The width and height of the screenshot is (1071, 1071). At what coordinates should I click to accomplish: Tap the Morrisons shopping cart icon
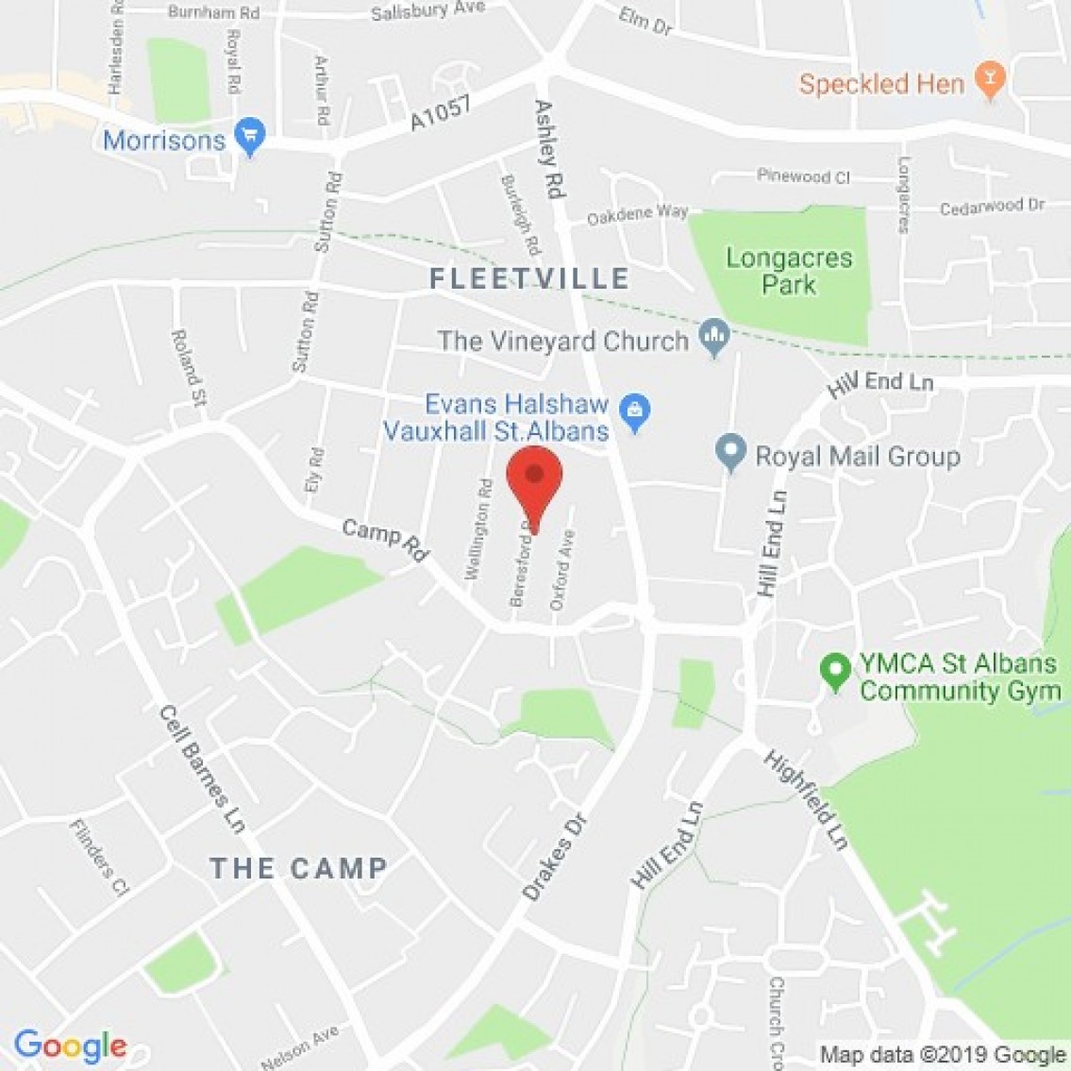coord(251,139)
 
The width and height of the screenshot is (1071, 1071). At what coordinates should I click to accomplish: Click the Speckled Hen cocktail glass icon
coord(990,81)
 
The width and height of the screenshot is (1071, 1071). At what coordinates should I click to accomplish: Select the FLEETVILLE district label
coord(529,278)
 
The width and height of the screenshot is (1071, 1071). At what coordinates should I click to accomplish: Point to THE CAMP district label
coord(298,868)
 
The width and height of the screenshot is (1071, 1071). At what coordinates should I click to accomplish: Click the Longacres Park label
coord(789,270)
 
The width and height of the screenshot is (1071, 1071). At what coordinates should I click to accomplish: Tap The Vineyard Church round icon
coord(714,337)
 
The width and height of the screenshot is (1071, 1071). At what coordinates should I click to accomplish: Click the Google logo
coord(70,1046)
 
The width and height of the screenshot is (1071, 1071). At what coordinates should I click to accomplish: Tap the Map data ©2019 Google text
coord(942,1055)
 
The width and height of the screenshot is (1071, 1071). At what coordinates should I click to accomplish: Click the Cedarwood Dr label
coord(992,206)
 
